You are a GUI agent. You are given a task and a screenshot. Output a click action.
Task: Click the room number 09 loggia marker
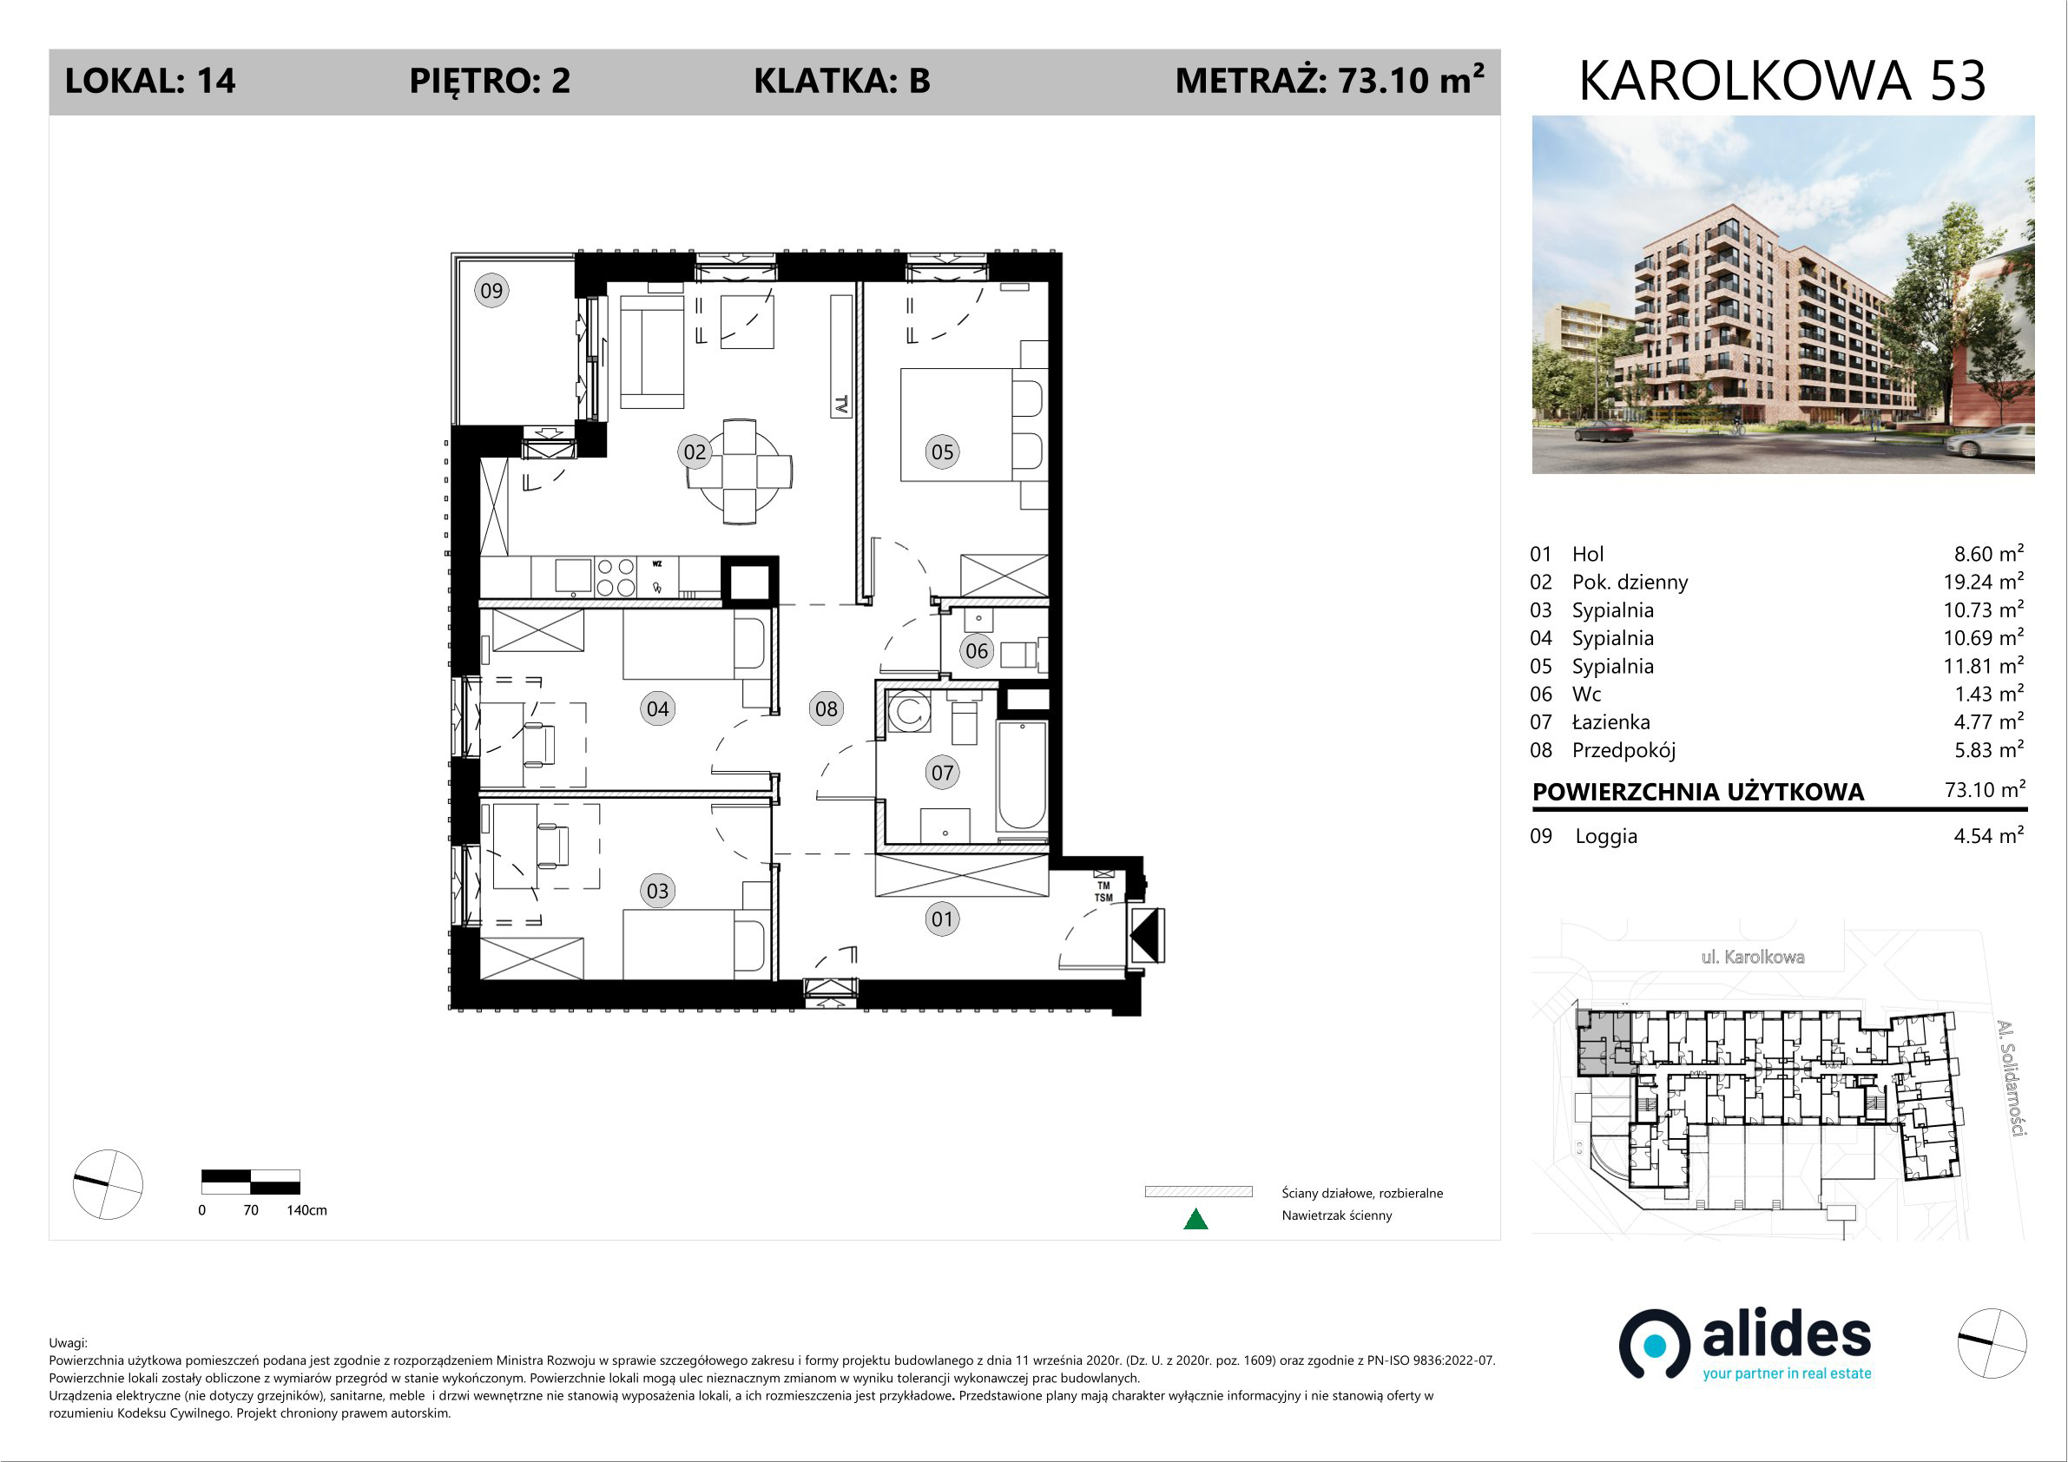click(x=491, y=290)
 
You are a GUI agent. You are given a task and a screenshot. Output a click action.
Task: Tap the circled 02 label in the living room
click(x=695, y=451)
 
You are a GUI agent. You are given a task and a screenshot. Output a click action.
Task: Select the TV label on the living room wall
click(x=841, y=405)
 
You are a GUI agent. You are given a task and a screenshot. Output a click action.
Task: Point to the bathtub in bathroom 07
click(x=1021, y=775)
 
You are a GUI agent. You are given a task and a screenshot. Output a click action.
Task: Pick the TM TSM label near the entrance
click(x=1103, y=892)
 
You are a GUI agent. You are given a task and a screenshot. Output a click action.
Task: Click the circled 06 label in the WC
click(x=977, y=650)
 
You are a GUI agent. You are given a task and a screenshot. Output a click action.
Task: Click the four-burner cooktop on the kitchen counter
click(x=616, y=576)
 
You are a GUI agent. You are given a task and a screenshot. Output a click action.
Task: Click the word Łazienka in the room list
click(x=1611, y=721)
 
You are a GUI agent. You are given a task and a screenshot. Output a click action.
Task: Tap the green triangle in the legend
click(x=1195, y=1219)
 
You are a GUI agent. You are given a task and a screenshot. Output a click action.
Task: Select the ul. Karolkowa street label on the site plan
click(x=1753, y=957)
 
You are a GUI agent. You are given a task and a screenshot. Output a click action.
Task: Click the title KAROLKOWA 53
click(x=1782, y=81)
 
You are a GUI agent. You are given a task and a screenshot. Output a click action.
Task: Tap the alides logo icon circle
click(x=1654, y=1344)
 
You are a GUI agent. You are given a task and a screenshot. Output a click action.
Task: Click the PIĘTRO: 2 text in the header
click(x=490, y=81)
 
